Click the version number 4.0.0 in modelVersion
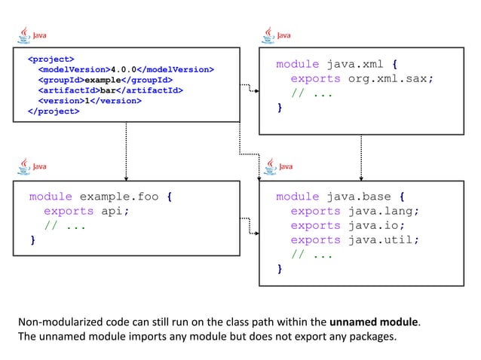pyautogui.click(x=123, y=69)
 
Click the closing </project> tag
pyautogui.click(x=53, y=111)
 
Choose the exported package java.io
pyautogui.click(x=375, y=225)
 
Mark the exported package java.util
pyautogui.click(x=383, y=239)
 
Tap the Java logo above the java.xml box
pyautogui.click(x=277, y=35)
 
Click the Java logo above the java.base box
pyautogui.click(x=277, y=165)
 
